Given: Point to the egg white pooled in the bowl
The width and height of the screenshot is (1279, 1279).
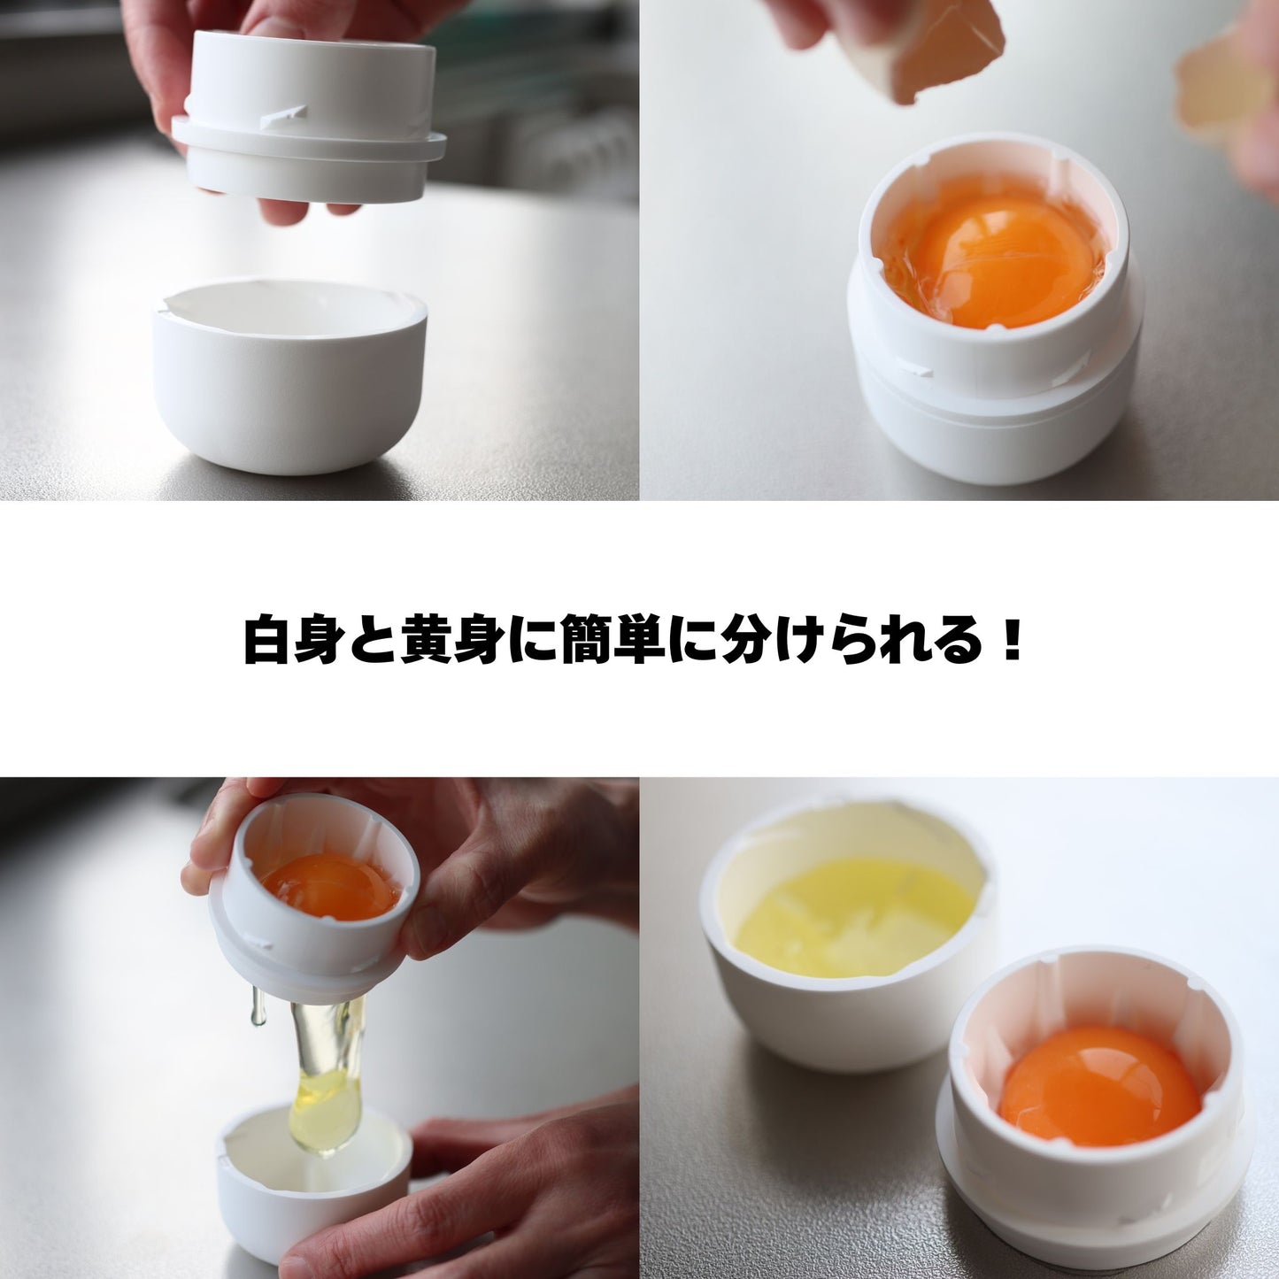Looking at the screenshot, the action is pos(851,916).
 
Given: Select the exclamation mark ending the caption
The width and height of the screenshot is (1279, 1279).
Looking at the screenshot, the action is pos(1013,638).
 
